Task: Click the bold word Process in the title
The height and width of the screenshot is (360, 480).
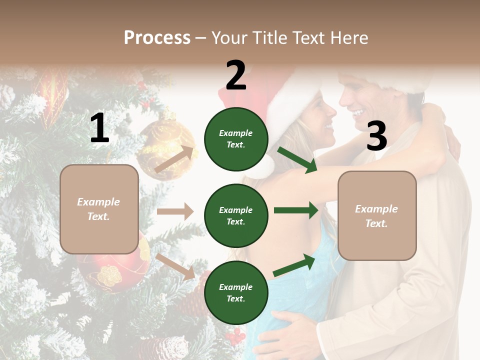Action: coord(157,37)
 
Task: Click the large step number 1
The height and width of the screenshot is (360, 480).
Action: coord(99,128)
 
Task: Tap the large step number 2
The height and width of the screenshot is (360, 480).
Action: coord(236,75)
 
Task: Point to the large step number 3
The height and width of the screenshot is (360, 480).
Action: coord(376,136)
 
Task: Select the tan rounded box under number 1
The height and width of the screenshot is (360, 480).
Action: coord(99,209)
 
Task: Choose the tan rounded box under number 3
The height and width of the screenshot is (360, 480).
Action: coord(377,215)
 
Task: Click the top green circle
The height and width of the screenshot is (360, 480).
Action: coord(236,139)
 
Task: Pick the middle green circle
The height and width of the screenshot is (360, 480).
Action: coord(236,215)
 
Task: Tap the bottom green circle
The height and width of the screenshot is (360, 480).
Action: coord(236,292)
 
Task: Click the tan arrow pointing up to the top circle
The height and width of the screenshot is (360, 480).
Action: coord(174,159)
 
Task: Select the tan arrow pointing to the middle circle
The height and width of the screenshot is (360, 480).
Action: coord(174,211)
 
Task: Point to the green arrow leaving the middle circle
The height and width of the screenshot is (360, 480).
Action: coord(295,210)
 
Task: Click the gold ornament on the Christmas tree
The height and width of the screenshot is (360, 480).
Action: coord(165,145)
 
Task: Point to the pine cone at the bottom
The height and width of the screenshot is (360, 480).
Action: coord(170,347)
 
